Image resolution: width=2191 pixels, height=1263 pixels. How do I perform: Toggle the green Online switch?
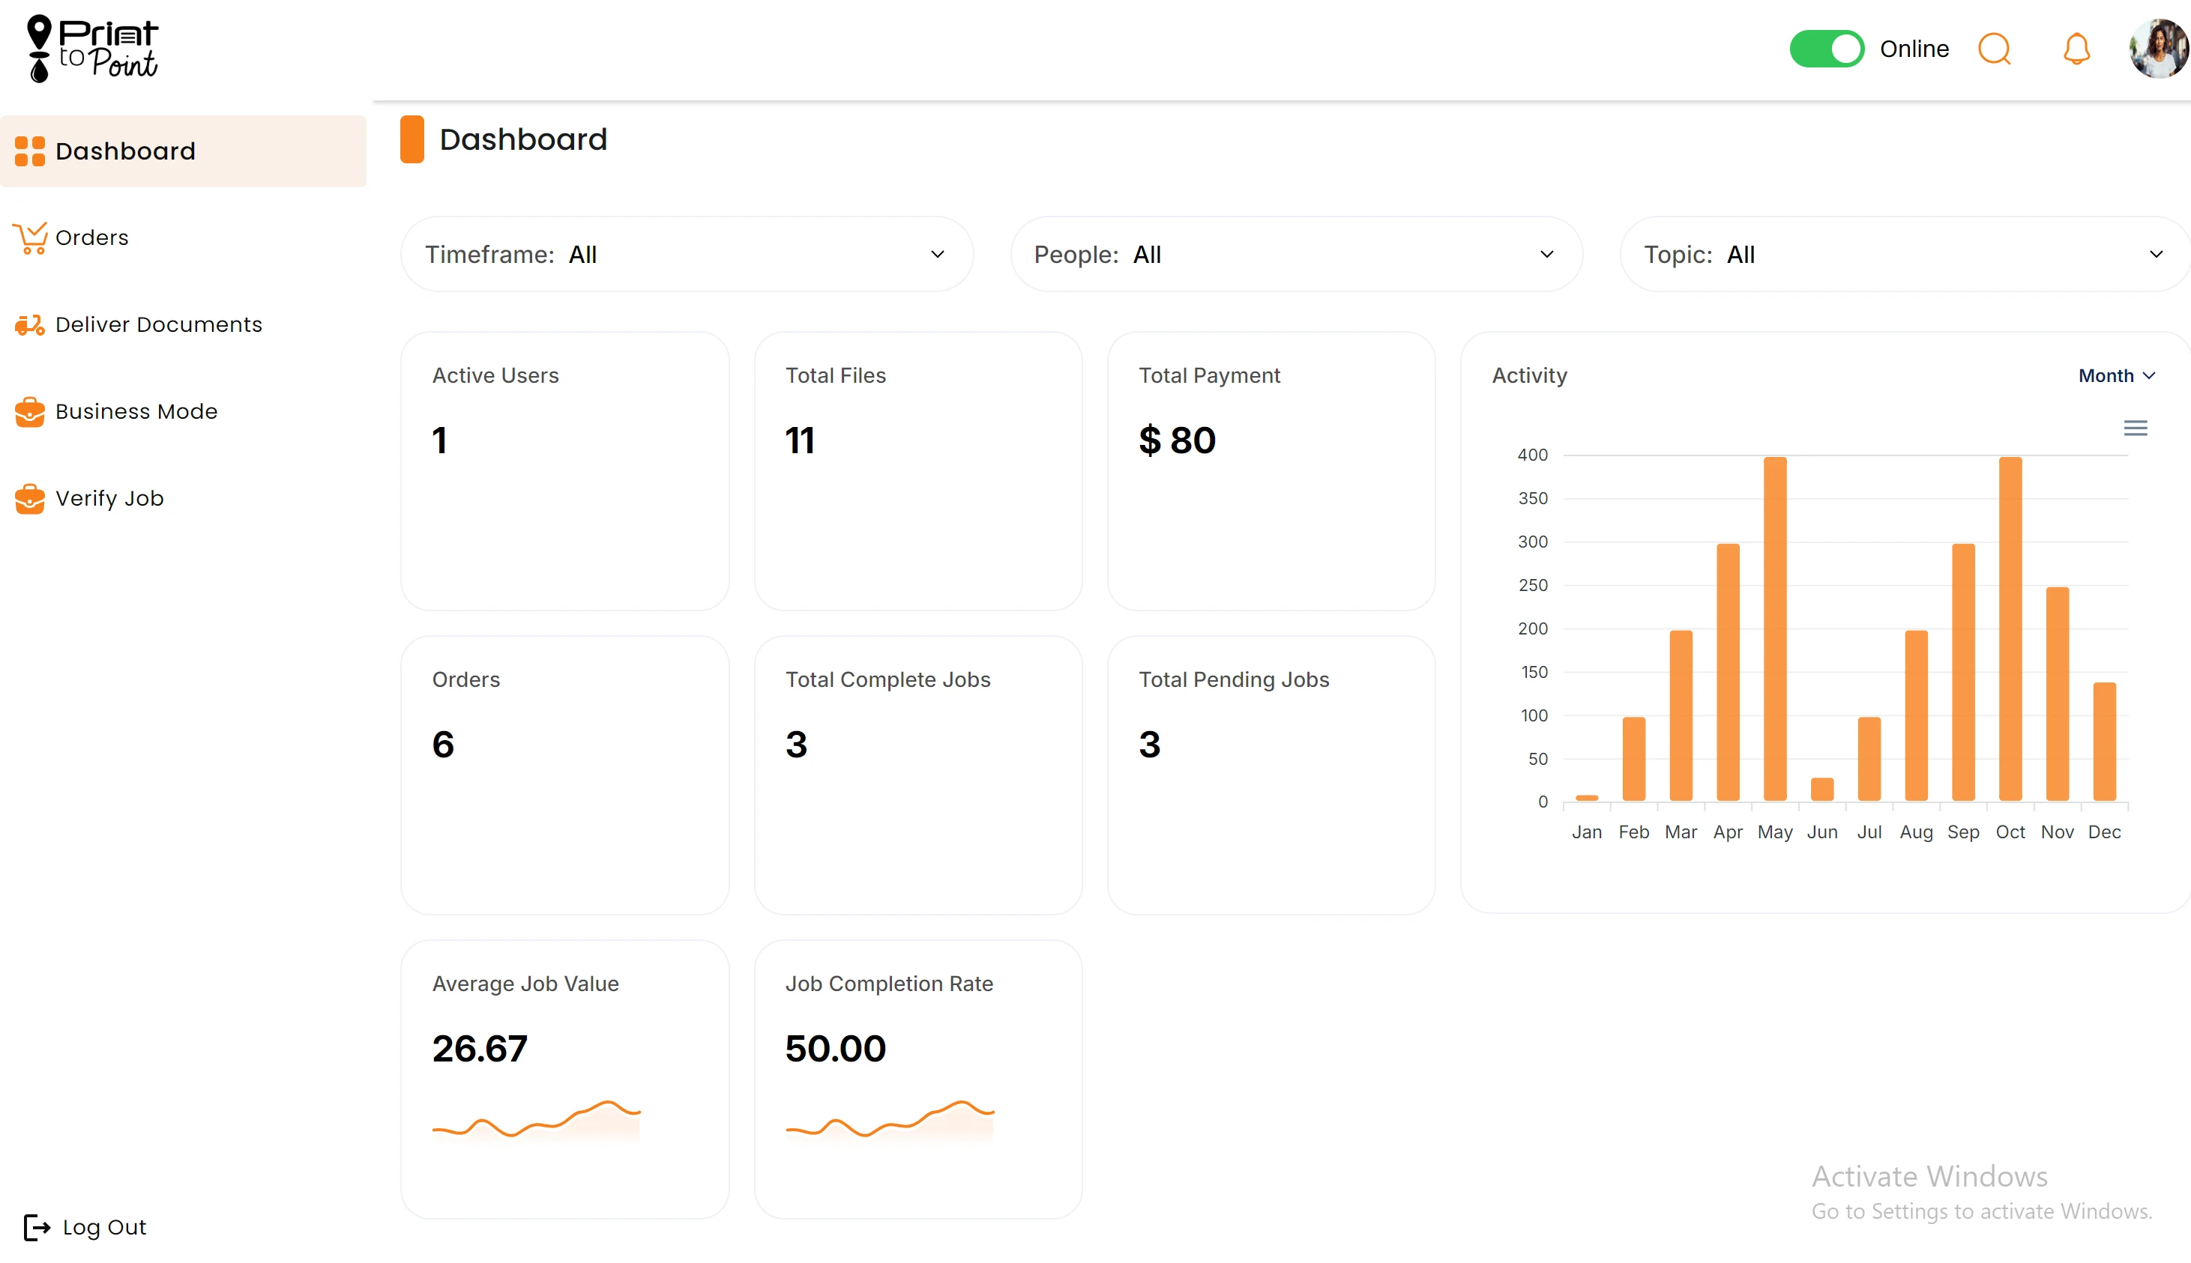coord(1826,49)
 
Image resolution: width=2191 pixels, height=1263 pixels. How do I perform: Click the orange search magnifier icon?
coord(1994,49)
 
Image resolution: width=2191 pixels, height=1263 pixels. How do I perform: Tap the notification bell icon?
coord(2076,49)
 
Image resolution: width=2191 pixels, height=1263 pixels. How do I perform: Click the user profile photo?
coord(2158,49)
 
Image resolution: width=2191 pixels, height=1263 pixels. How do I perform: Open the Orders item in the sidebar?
coord(91,237)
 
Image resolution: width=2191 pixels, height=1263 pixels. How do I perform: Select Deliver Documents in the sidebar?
coord(158,324)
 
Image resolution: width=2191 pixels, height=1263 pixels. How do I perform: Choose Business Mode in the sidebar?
coord(136,411)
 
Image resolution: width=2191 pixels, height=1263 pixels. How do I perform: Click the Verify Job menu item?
coord(109,498)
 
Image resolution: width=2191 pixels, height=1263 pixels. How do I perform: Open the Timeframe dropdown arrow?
coord(937,254)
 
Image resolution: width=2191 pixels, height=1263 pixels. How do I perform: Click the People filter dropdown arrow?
coord(1546,254)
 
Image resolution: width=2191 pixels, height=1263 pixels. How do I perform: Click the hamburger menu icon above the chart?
coord(2136,428)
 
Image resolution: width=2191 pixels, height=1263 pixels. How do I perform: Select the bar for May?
coord(1775,629)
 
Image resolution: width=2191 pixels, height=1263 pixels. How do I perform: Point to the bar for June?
coord(1822,790)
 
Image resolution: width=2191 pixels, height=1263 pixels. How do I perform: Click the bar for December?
coord(2104,742)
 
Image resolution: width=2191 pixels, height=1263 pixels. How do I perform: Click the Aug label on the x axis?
coord(1916,832)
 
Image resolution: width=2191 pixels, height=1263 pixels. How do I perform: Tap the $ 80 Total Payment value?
coord(1178,440)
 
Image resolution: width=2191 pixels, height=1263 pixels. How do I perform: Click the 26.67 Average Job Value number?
coord(480,1049)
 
